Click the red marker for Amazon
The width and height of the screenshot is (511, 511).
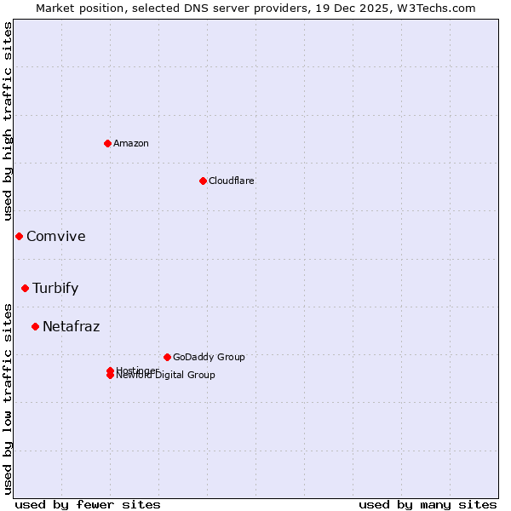click(x=107, y=143)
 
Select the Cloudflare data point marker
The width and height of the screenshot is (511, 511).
click(x=203, y=181)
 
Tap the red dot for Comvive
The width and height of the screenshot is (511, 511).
click(x=19, y=236)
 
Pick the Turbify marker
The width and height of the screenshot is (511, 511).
click(x=26, y=288)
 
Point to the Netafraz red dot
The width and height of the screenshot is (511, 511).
click(x=35, y=326)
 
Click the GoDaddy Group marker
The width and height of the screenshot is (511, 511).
click(x=167, y=357)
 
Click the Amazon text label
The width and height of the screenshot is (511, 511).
click(x=130, y=143)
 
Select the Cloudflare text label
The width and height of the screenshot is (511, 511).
click(x=231, y=181)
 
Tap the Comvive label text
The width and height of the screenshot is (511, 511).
click(x=56, y=237)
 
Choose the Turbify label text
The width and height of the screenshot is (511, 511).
click(x=55, y=288)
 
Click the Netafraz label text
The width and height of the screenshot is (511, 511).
click(x=71, y=326)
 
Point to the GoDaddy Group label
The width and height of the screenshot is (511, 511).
click(x=209, y=357)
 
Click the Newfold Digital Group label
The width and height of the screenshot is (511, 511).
click(x=167, y=376)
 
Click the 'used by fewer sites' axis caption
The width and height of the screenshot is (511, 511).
click(x=88, y=504)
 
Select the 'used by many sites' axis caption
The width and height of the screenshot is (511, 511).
click(x=428, y=504)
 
